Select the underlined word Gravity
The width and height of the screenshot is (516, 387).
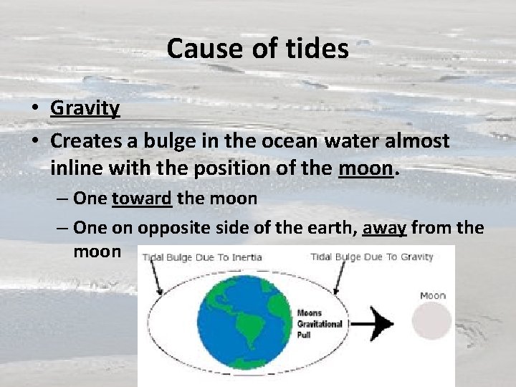85,108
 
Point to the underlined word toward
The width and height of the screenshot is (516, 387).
142,199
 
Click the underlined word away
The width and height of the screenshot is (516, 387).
385,227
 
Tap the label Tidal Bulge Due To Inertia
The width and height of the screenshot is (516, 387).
201,257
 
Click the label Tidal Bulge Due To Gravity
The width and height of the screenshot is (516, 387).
372,257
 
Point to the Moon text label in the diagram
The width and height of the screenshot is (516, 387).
432,295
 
